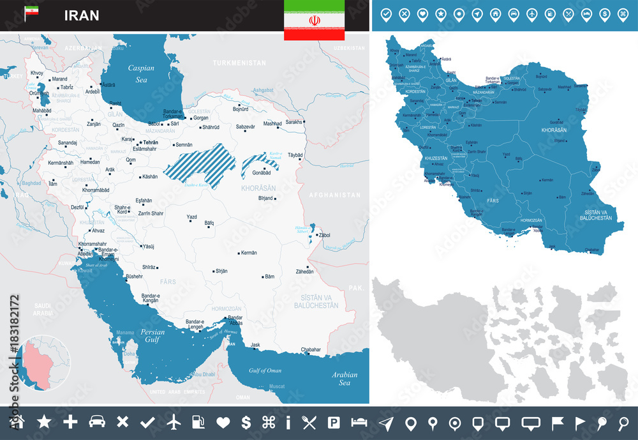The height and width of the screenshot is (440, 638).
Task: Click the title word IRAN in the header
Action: tap(81, 15)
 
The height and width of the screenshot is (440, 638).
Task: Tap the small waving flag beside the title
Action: tap(31, 13)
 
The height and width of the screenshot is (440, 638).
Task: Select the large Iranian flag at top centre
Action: tap(314, 20)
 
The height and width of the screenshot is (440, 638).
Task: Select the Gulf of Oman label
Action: tap(265, 370)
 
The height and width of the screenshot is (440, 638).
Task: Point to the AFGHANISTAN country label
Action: tap(335, 195)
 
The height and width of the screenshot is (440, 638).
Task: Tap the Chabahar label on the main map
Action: tap(311, 349)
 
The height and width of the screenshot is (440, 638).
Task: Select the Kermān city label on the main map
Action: tap(248, 252)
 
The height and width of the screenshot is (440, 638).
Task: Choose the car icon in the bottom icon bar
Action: tap(96, 422)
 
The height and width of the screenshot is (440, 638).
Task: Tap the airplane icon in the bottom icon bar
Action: tap(173, 422)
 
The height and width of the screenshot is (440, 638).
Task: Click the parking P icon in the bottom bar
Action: tap(333, 422)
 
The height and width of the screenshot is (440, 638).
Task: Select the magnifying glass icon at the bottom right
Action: tap(623, 422)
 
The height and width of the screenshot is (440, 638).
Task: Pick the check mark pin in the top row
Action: tap(386, 14)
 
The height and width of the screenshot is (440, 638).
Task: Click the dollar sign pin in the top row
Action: tap(604, 14)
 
